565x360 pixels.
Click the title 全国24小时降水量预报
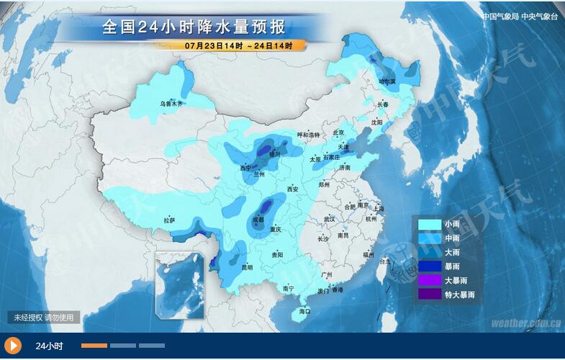click(194, 27)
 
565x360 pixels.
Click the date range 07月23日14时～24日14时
click(238, 45)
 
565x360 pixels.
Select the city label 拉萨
click(168, 221)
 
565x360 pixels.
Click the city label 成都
click(258, 219)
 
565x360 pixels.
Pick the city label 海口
click(304, 311)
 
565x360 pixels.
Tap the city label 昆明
click(248, 267)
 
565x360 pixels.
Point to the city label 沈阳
click(376, 122)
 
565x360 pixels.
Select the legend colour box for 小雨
click(430, 225)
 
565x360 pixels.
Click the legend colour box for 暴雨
click(430, 266)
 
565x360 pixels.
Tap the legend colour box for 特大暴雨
click(430, 294)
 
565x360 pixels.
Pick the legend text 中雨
click(452, 238)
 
